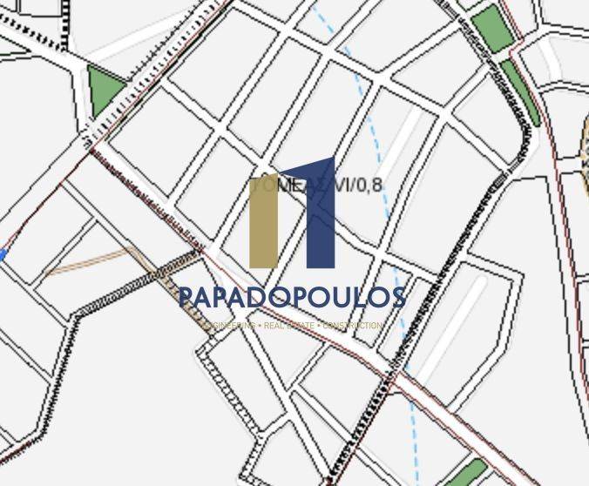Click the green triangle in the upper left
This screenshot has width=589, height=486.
104,90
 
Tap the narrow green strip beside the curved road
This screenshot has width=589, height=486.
520,91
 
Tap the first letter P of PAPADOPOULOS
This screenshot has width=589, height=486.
187,298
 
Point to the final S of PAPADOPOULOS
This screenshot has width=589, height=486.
396,298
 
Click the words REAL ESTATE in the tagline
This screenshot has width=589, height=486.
288,326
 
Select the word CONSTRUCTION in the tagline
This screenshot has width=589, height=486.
352,326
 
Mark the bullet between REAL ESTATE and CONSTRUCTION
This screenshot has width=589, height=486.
318,326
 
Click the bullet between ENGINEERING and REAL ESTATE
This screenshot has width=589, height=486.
259,326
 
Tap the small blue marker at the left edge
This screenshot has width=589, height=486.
3,254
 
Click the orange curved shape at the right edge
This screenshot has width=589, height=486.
585,144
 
